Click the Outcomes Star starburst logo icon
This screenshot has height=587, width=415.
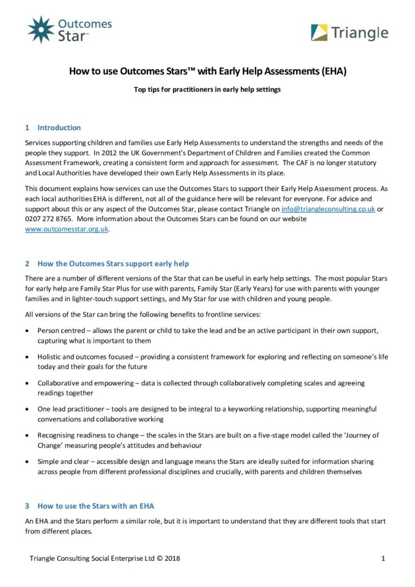point(41,29)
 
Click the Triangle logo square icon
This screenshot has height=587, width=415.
point(319,33)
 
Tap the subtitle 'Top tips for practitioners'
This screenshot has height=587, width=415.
point(207,89)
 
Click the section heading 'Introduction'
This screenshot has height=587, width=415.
point(59,127)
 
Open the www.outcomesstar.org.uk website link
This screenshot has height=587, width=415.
point(66,229)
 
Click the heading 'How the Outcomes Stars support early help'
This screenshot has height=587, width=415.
point(113,264)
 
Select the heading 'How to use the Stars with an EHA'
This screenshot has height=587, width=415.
point(96,506)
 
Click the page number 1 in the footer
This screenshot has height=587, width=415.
point(382,558)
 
